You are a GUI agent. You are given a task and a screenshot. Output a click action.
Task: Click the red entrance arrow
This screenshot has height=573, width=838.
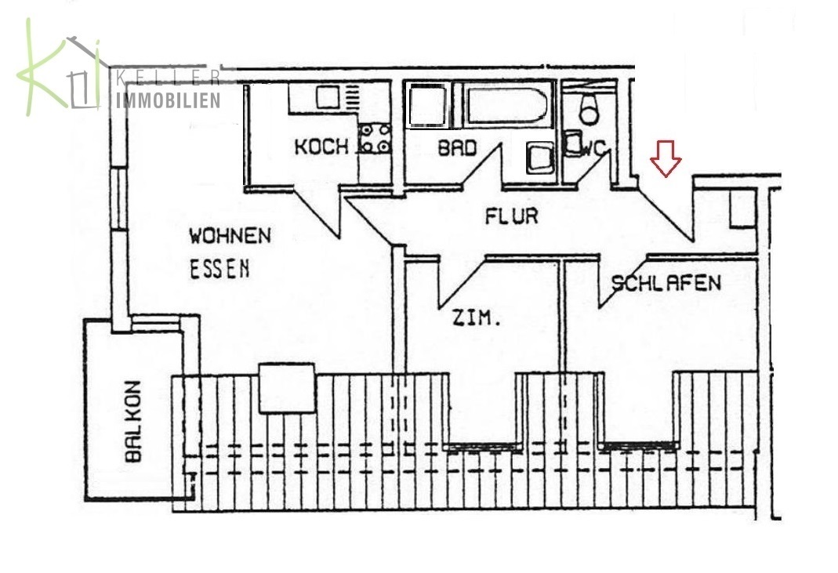[x=666, y=158]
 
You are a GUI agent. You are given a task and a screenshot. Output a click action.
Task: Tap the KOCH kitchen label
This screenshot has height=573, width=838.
[x=321, y=147]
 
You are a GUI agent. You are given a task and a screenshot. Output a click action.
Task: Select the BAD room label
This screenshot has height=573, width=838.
[x=457, y=148]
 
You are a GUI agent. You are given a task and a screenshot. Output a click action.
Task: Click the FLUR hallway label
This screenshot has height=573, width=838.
[x=511, y=216]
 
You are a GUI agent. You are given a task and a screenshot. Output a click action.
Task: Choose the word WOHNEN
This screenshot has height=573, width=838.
[x=230, y=236]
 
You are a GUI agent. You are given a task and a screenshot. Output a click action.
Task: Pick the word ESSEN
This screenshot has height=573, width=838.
[x=219, y=270]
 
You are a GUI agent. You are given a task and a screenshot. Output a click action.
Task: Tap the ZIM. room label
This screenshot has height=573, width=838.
[x=477, y=318]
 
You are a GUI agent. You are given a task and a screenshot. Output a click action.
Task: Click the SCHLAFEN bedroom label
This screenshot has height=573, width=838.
[x=666, y=283]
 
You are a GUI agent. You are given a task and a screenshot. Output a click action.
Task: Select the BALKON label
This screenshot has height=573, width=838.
[x=132, y=421]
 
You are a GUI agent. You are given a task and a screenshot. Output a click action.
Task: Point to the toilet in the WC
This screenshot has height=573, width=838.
[x=590, y=108]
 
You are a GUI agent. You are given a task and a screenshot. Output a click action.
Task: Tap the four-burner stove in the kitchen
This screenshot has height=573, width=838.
[x=375, y=139]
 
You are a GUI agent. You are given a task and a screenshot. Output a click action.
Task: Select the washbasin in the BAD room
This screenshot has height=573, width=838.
[x=540, y=158]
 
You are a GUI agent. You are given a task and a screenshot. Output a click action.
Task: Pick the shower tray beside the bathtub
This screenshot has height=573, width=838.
[x=426, y=105]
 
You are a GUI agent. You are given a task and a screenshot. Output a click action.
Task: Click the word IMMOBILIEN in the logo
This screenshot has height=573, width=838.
[x=168, y=100]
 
